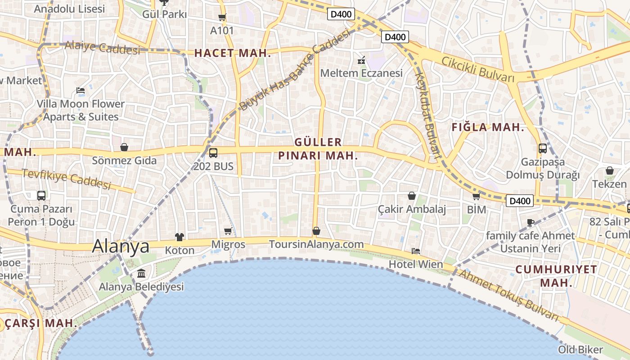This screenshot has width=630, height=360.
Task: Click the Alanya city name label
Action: (x=121, y=246)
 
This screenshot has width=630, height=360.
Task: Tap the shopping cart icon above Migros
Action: (x=228, y=231)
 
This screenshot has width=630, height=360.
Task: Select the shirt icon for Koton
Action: (x=180, y=237)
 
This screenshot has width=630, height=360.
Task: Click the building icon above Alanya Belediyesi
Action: (x=141, y=273)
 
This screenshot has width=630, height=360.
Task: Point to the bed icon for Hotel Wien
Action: (x=415, y=251)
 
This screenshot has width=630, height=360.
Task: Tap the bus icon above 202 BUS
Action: (x=213, y=153)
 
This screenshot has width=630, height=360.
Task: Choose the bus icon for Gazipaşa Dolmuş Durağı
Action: (x=543, y=148)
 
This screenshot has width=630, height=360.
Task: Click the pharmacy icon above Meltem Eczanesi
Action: (x=361, y=59)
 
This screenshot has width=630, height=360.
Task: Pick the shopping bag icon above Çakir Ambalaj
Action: (x=411, y=196)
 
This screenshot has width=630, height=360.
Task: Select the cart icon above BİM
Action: (x=476, y=196)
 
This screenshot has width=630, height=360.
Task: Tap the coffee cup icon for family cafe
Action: (x=531, y=222)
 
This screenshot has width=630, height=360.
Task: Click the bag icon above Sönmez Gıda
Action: (x=124, y=147)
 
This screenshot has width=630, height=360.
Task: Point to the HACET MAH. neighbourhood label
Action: (x=233, y=53)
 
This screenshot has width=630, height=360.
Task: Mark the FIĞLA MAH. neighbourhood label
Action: (x=488, y=127)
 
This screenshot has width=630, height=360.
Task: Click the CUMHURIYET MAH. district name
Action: (x=556, y=276)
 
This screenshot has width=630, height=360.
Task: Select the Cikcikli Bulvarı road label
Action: (x=477, y=69)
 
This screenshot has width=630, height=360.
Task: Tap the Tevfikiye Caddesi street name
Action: (x=66, y=178)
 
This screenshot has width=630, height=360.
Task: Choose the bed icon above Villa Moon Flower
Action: (x=81, y=90)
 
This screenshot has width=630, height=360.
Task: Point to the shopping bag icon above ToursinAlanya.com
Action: (x=316, y=231)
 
